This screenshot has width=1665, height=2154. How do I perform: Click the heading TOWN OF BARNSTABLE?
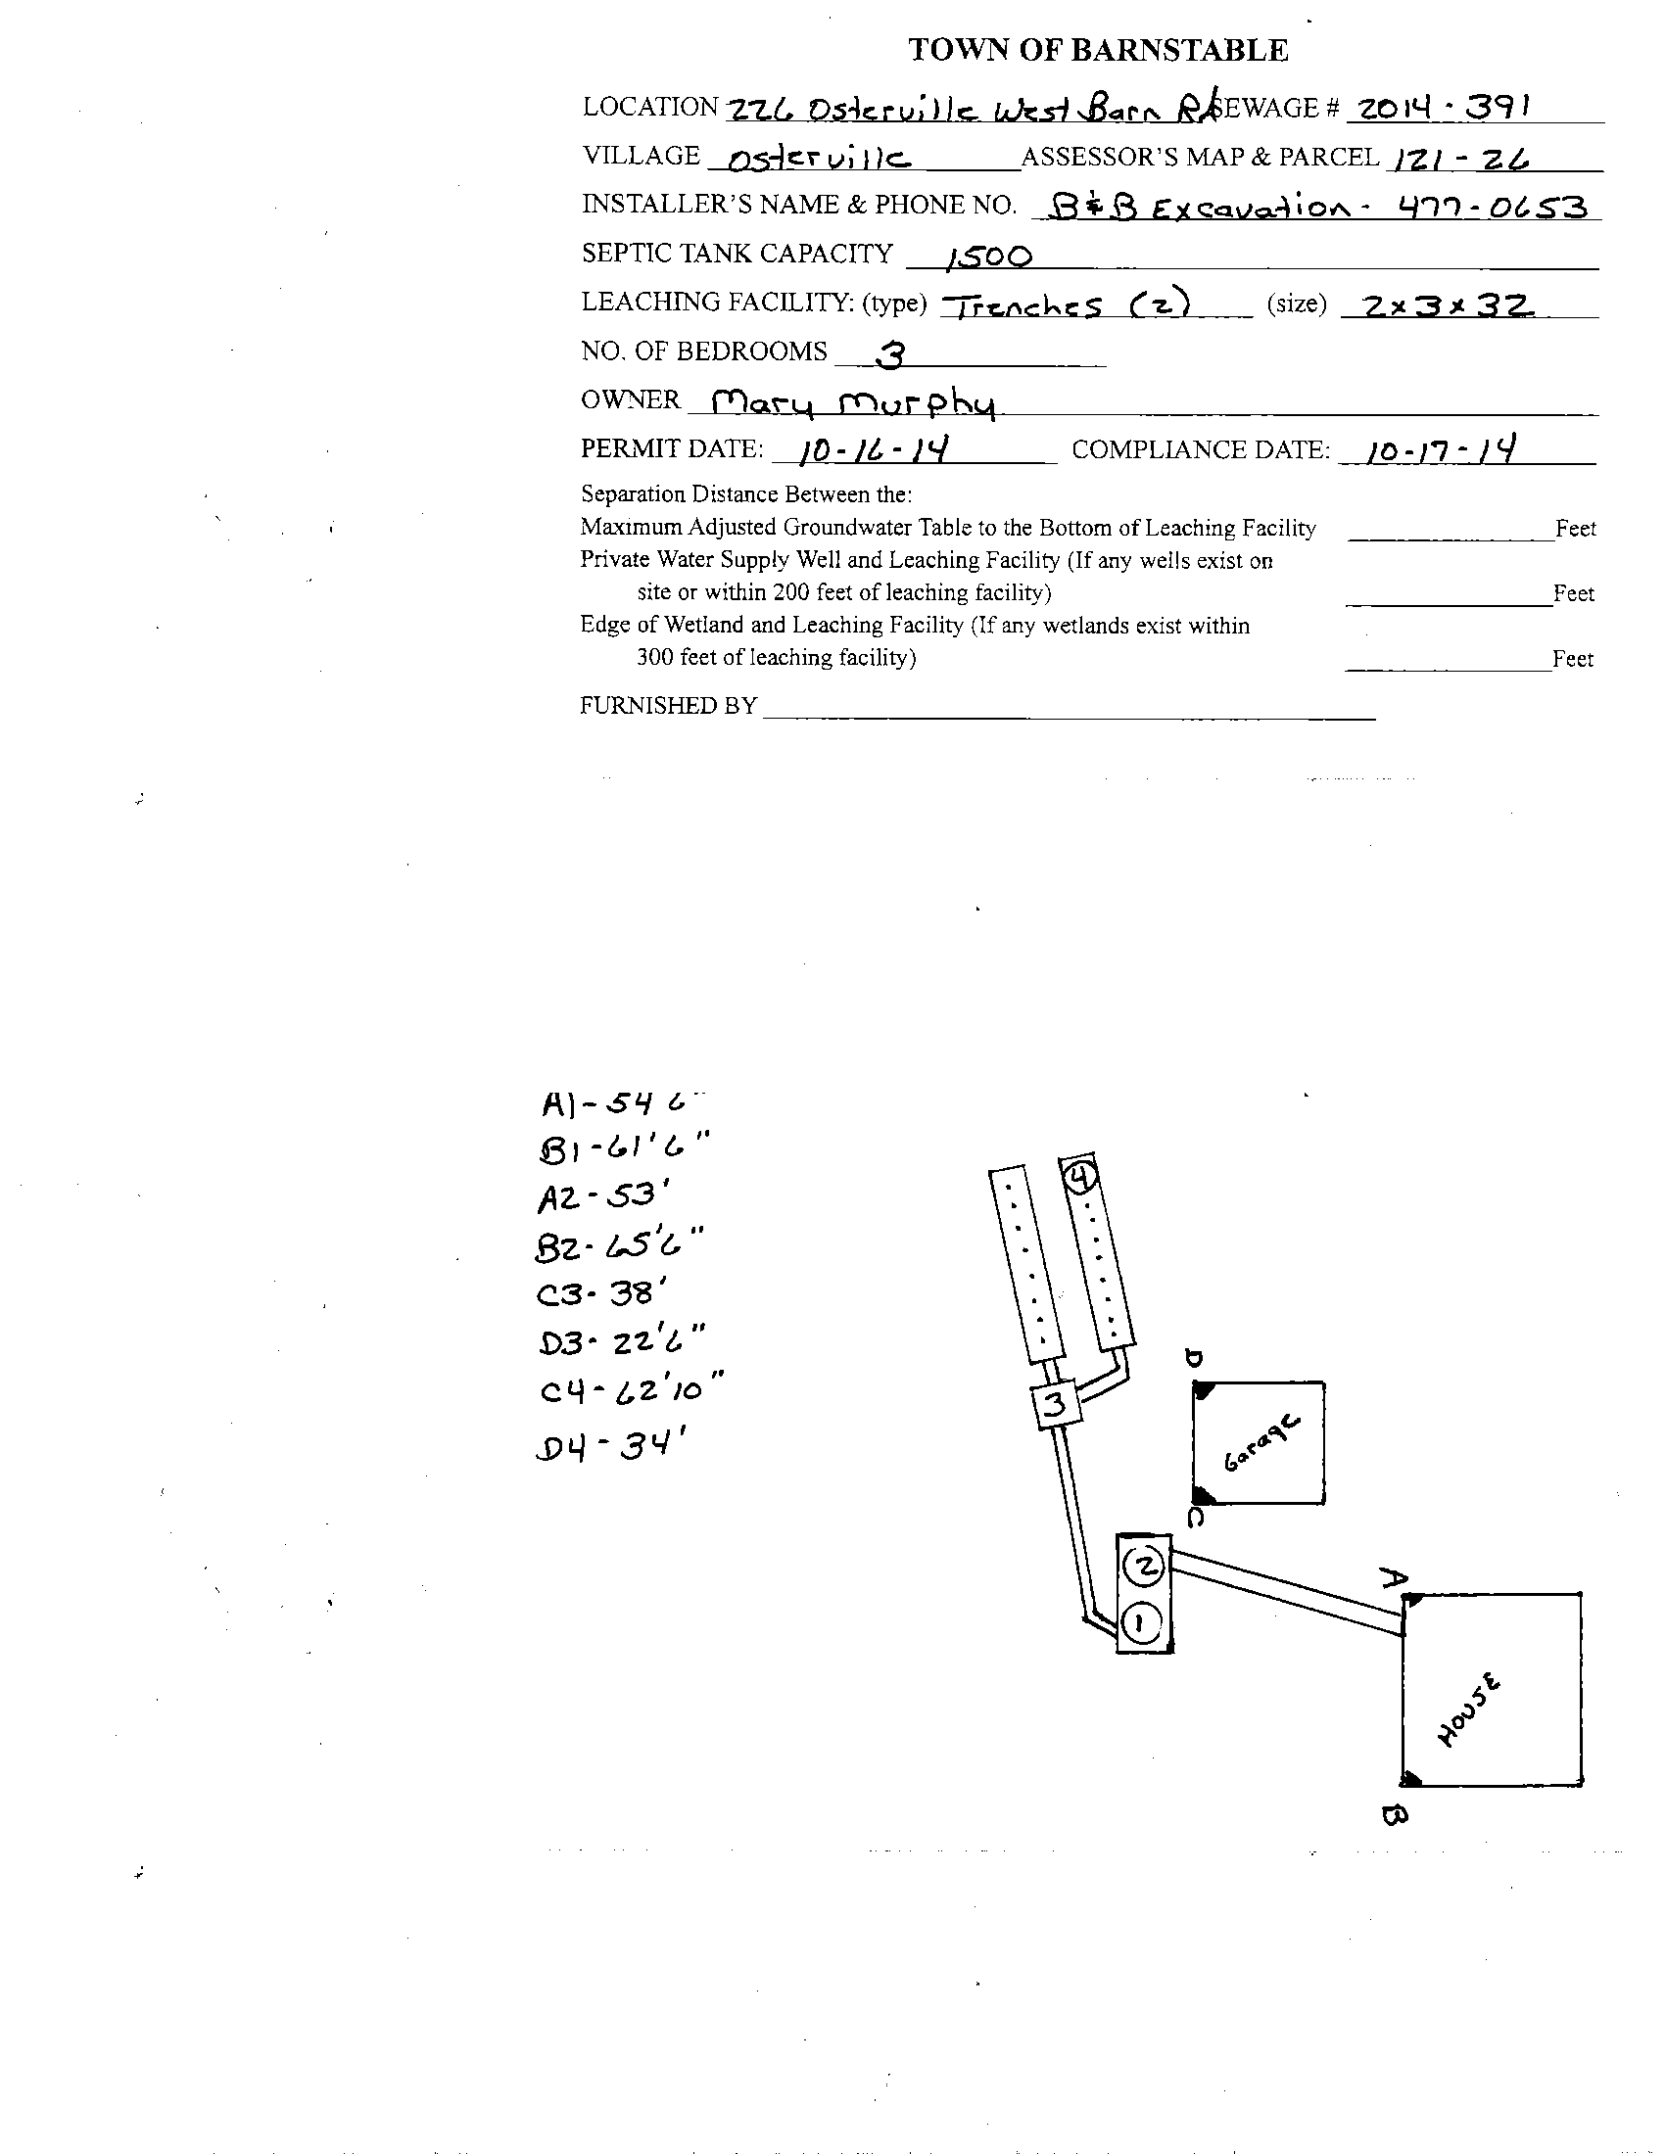pos(1097,50)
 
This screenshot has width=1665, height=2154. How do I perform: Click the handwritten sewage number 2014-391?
pos(1441,108)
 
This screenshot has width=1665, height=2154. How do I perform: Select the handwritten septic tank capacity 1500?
pos(988,258)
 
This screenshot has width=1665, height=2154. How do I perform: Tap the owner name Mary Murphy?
pos(853,402)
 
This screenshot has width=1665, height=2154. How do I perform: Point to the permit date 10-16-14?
pos(874,450)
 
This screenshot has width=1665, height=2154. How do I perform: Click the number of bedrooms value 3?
pos(890,354)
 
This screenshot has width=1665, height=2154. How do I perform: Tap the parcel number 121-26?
pos(1461,159)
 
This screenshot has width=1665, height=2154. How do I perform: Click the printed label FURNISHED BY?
pos(668,705)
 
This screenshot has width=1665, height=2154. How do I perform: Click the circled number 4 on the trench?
pos(1080,1177)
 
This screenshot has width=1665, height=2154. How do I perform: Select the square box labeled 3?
pos(1055,1404)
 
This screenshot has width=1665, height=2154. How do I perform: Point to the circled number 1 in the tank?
pos(1141,1621)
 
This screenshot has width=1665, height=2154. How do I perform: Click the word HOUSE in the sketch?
pos(1469,1711)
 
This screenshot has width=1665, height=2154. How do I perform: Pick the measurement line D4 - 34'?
pos(611,1447)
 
